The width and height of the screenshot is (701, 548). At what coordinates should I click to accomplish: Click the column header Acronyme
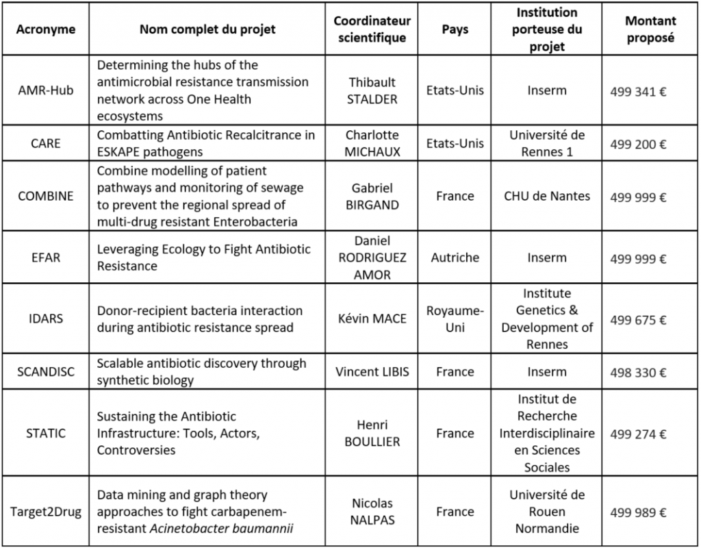point(45,29)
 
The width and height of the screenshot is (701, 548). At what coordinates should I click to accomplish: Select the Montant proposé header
point(650,29)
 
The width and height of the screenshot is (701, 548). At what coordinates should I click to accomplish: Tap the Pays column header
point(455,29)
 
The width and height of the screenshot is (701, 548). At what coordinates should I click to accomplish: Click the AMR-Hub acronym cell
point(45,90)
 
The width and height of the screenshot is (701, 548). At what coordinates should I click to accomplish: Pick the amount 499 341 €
point(638,92)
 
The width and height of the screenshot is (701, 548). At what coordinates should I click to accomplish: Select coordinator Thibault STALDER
point(372,90)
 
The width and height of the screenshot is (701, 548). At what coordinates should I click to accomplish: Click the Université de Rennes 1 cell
point(546,143)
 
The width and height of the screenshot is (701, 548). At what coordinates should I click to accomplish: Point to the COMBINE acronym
point(45,196)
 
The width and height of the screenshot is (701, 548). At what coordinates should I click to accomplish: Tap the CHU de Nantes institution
point(546,196)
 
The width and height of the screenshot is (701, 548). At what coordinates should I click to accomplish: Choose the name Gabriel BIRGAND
point(372,196)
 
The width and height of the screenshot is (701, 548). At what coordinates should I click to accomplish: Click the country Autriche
point(455,258)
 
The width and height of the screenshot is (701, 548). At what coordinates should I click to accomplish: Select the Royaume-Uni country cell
point(455,319)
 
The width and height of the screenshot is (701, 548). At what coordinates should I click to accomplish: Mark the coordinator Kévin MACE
point(372,319)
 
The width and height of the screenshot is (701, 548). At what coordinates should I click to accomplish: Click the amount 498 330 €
point(638,373)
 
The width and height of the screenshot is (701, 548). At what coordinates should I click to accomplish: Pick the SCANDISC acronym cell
point(45,372)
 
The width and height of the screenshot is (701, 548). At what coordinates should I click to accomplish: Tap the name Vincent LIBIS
point(372,372)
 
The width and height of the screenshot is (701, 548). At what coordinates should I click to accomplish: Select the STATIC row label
point(45,433)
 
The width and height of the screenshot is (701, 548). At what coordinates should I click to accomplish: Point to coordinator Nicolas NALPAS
point(372,512)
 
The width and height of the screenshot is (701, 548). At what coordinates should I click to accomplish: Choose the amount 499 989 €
point(638,512)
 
